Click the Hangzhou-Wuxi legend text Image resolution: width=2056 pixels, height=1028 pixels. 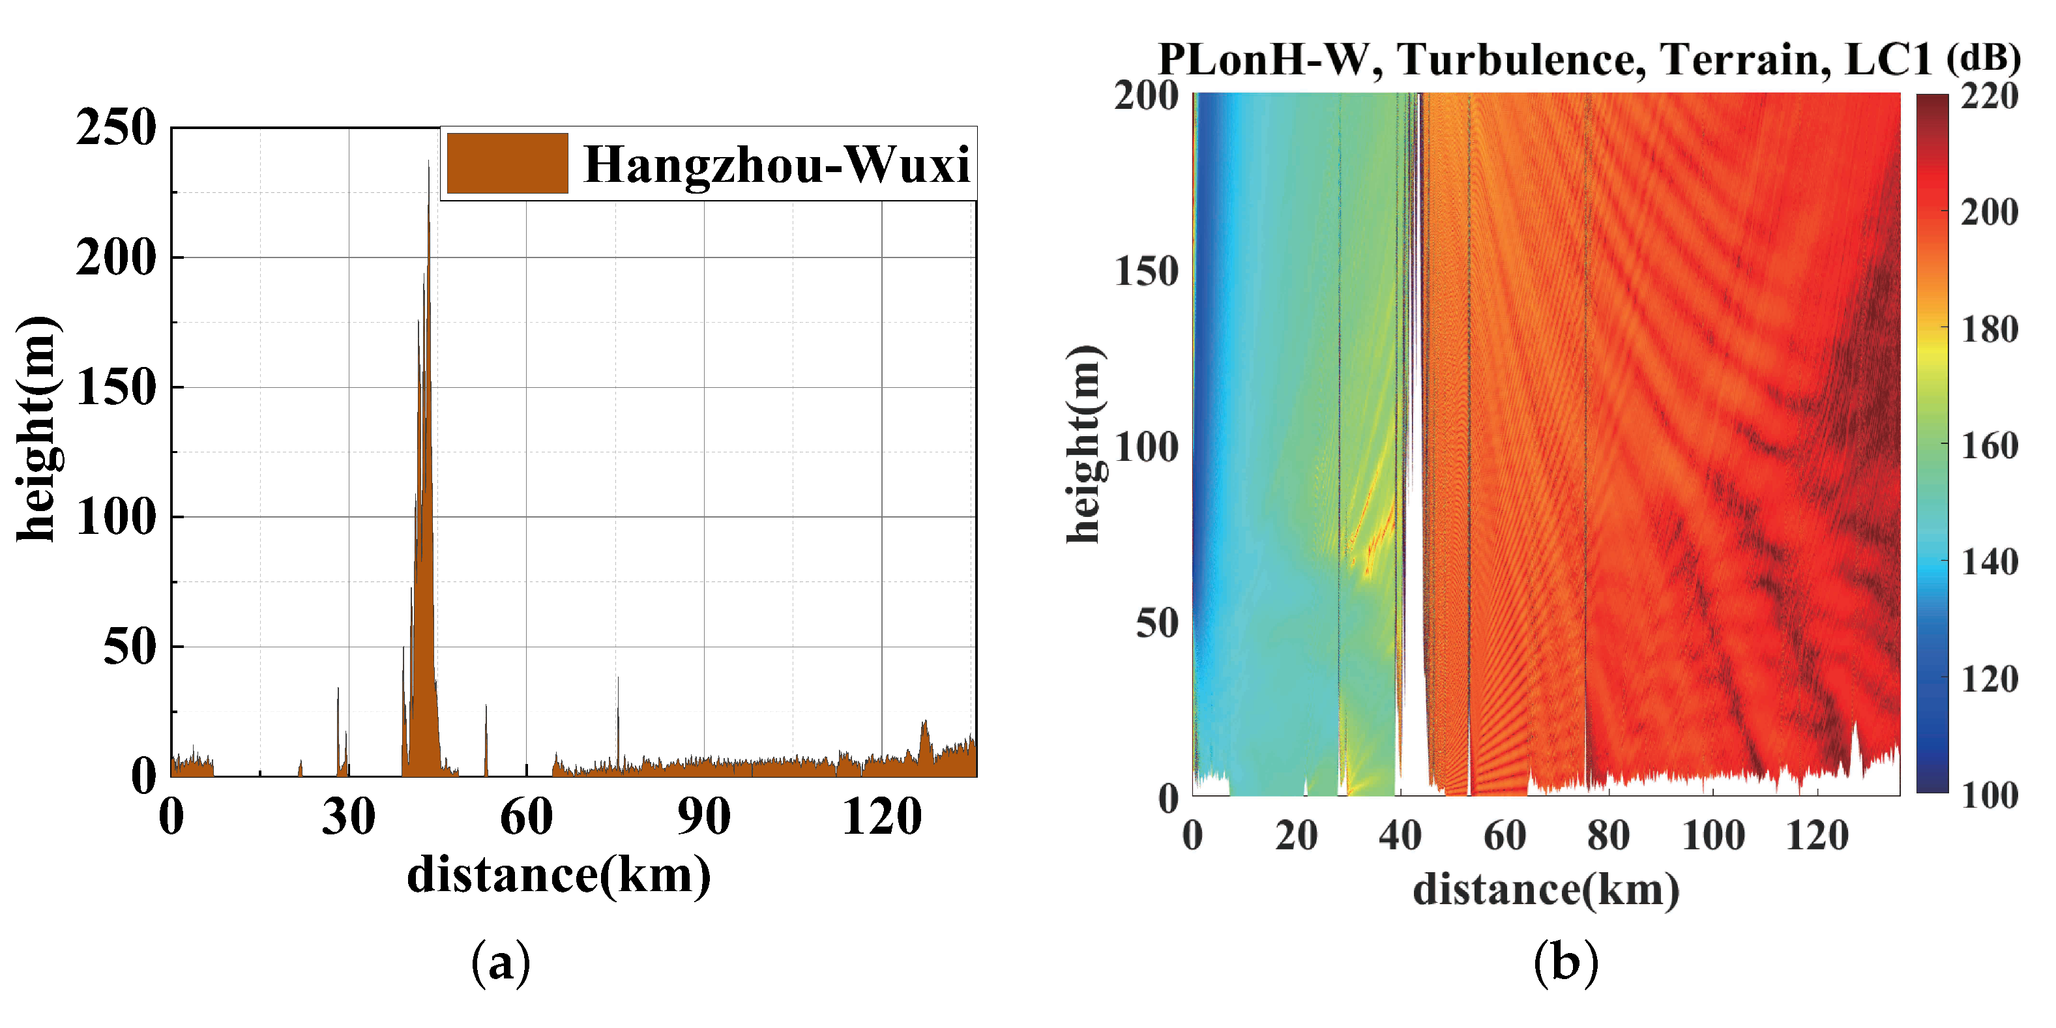[776, 164]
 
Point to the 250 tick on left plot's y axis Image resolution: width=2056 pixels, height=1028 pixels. [117, 128]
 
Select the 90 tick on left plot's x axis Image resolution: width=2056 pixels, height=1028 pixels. [703, 817]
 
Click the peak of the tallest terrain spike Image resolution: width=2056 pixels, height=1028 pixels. [428, 163]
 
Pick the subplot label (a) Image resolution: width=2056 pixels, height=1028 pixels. [501, 963]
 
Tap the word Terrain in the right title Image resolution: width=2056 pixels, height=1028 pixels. [1746, 59]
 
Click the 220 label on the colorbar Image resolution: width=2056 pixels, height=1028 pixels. [1990, 96]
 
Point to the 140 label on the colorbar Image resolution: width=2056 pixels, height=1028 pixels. [1990, 562]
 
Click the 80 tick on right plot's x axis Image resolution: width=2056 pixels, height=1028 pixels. [1608, 836]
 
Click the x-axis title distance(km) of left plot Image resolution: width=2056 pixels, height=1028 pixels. [559, 875]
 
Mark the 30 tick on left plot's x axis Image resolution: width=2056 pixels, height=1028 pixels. [348, 817]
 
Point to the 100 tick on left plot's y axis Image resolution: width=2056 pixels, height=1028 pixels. [117, 517]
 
